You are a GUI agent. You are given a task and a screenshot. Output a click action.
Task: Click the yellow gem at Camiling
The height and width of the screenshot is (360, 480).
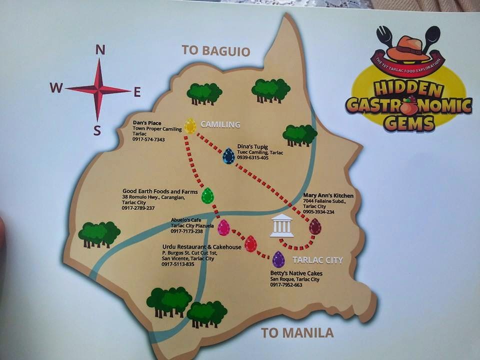point(190,125)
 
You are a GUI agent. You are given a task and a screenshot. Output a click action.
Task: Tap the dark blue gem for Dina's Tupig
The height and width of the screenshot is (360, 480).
point(228,156)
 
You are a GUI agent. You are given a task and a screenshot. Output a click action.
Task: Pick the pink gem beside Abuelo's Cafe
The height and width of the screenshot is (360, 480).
point(223,227)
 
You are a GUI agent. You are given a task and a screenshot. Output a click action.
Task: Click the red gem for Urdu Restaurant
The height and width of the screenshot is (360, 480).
point(250,244)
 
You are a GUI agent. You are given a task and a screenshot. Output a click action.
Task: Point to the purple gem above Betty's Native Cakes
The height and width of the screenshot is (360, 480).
point(278,259)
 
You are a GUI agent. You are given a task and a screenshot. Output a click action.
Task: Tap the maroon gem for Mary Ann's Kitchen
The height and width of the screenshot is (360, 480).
point(314,226)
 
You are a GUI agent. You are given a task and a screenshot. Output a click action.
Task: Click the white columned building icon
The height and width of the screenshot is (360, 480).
point(281,226)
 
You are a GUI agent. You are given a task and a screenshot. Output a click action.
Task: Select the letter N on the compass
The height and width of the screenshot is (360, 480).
point(100,49)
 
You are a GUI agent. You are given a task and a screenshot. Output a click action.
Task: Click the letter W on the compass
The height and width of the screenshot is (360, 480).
point(55,88)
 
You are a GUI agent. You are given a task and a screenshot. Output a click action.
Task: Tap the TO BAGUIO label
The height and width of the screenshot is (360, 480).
point(215,50)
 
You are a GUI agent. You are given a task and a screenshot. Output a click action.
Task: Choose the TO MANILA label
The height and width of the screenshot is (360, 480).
point(297,332)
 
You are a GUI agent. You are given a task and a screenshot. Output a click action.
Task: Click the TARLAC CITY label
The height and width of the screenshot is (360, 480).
point(317,260)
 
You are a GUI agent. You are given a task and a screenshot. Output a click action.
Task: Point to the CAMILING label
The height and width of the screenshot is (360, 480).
point(220,124)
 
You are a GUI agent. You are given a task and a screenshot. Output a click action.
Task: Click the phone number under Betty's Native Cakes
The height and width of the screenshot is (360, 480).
point(286,285)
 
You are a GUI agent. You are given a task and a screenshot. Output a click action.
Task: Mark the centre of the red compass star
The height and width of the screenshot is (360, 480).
point(98,89)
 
